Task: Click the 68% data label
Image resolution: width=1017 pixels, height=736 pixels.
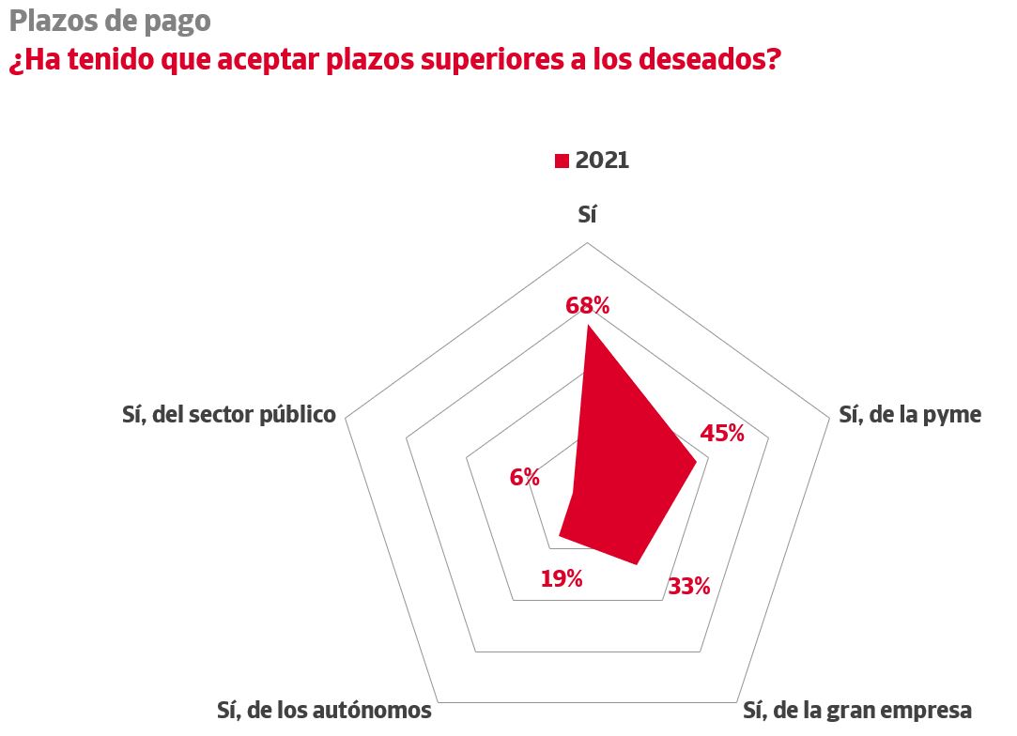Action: tap(588, 305)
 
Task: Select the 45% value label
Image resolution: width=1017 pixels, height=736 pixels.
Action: tap(722, 433)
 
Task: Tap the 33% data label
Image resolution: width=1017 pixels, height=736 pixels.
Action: tap(688, 588)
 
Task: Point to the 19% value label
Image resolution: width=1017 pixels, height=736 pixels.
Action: tap(562, 578)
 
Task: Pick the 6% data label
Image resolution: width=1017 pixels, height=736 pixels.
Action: tap(524, 478)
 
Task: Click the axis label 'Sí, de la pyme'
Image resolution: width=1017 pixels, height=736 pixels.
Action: tap(909, 414)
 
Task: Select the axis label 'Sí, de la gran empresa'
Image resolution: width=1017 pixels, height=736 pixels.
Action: tap(856, 710)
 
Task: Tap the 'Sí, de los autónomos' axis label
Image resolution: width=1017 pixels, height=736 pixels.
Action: tap(324, 710)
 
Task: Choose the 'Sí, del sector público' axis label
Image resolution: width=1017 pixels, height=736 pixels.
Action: tap(228, 414)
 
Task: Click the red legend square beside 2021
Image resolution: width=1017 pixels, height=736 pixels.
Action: tap(562, 161)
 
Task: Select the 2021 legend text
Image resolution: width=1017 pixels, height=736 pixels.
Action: tap(602, 161)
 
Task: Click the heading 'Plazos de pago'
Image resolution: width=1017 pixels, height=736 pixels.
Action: tap(110, 21)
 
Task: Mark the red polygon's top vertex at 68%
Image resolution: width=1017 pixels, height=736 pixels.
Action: tap(587, 325)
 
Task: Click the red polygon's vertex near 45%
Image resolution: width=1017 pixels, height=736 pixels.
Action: tap(696, 461)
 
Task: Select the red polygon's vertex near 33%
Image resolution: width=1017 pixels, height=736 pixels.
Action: tap(638, 564)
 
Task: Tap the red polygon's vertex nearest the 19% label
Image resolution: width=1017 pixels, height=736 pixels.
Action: tap(560, 536)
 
